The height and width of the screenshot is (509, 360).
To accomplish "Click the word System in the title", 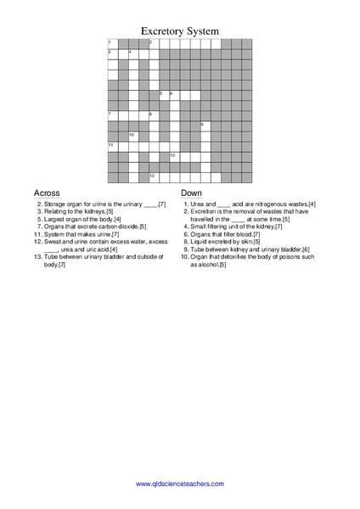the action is click(205, 31).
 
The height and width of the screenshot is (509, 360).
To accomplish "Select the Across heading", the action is click(46, 193).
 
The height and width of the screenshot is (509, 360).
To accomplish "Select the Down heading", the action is click(191, 193).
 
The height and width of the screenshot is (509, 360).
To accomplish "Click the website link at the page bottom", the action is click(180, 484).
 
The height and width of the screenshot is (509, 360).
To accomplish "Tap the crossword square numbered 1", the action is click(112, 43).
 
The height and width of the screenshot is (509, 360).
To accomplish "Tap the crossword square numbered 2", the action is click(154, 43).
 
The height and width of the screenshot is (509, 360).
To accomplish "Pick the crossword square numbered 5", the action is click(164, 95).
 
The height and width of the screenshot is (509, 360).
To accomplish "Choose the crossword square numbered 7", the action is click(112, 115).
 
